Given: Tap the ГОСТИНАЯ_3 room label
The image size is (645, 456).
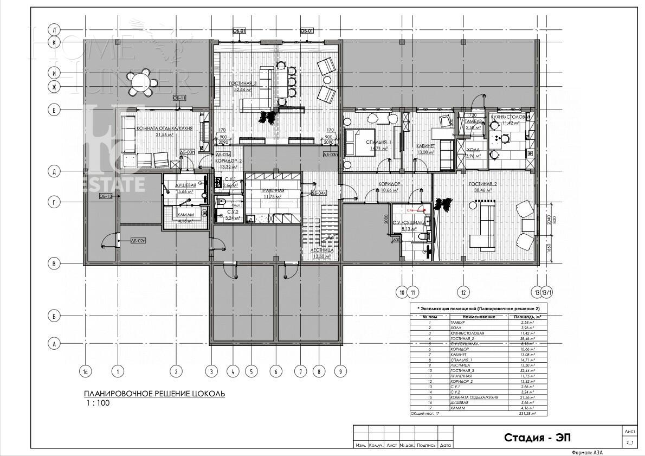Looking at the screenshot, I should tap(242, 84).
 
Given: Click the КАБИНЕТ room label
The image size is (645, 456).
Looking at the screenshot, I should tap(427, 146).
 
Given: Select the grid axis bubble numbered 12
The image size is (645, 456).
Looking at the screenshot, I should tap(462, 292).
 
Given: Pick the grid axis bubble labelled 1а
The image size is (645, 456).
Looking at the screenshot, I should tap(85, 372).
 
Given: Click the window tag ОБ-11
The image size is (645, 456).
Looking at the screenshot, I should tap(179, 98).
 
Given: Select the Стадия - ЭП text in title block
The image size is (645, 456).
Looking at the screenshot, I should tap(537, 437).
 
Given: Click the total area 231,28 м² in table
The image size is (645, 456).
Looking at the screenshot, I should tap(524, 413).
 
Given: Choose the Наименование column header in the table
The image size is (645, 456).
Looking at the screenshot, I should tap(479, 316).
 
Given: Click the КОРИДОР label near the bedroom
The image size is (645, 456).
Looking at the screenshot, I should tap(390, 184).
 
